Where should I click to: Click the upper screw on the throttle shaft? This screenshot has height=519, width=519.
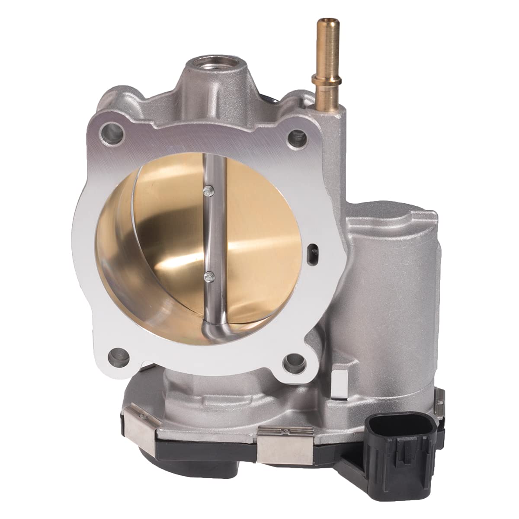(209, 189)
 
